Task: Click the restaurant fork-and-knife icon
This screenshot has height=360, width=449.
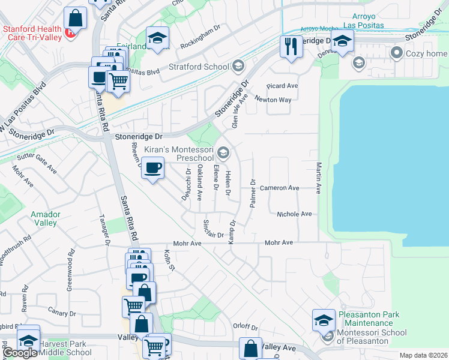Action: click(x=291, y=46)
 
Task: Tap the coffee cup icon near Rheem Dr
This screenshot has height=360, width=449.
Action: click(x=154, y=169)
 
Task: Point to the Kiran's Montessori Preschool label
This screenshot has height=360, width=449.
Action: click(x=178, y=154)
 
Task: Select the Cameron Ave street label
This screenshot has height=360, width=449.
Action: click(x=279, y=188)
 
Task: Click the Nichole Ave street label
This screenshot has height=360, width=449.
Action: click(x=294, y=214)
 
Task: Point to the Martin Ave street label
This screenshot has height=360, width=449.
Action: click(x=319, y=178)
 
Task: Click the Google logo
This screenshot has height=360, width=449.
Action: click(x=20, y=353)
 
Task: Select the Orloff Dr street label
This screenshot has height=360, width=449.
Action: click(x=245, y=328)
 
